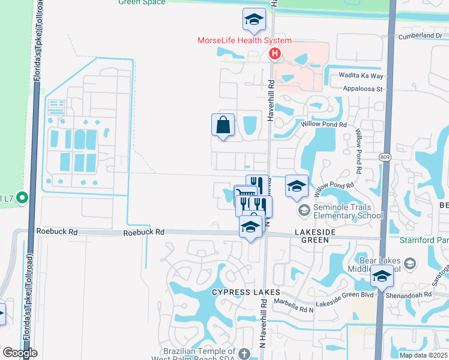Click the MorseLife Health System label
point(245,40)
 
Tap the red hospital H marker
point(275,55)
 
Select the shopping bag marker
point(223,125)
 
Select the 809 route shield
point(385,157)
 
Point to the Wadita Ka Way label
point(361,76)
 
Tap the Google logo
point(20,353)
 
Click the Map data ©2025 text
point(423,355)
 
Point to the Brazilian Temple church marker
point(244,353)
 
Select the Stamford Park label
point(423,241)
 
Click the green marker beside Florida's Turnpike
point(22,197)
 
